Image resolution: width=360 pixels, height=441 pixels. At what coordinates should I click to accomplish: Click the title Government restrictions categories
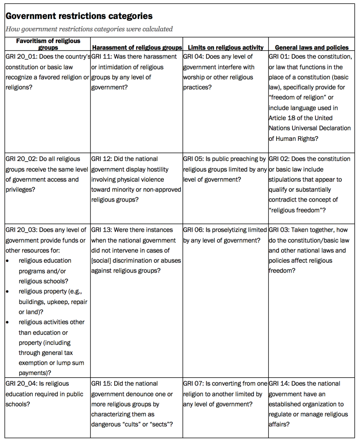(x=78, y=16)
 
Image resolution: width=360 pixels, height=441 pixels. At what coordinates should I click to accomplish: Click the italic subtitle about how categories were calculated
(x=89, y=29)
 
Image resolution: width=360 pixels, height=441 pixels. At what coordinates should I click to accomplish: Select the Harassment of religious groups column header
(x=136, y=47)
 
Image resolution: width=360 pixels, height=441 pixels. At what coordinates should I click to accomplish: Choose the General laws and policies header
(x=312, y=47)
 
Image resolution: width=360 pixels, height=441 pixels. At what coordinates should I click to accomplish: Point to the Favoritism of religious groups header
(x=48, y=44)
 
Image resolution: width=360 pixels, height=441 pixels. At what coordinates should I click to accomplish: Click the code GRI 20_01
(x=21, y=56)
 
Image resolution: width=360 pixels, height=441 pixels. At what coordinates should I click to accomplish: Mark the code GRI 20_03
(x=21, y=230)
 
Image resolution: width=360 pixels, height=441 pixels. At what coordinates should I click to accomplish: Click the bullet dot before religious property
(x=8, y=292)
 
